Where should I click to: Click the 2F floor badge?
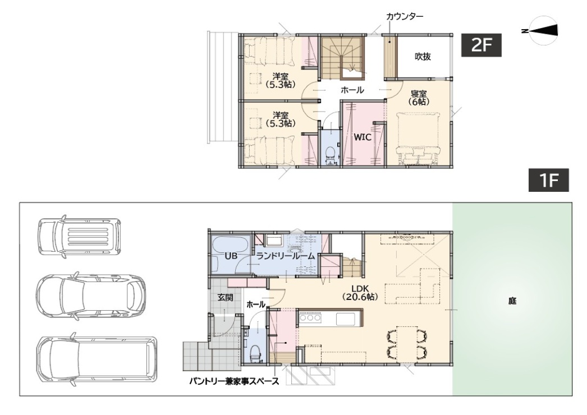[x=481, y=45]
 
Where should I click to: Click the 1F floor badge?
[x=548, y=180]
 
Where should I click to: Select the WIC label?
[x=363, y=137]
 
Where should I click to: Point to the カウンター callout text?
[x=404, y=16]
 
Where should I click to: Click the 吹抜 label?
[x=423, y=57]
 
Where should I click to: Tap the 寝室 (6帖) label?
[x=419, y=97]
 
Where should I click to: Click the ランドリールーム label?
[x=285, y=256]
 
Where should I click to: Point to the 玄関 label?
[x=226, y=297]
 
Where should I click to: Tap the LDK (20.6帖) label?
[x=360, y=293]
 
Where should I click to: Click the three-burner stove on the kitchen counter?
[x=310, y=318]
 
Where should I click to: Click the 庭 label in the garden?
[x=512, y=301]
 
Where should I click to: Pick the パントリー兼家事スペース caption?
[x=234, y=381]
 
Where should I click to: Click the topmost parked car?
[x=79, y=237]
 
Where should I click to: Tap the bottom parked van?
[x=97, y=359]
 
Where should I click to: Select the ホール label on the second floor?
[x=352, y=90]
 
